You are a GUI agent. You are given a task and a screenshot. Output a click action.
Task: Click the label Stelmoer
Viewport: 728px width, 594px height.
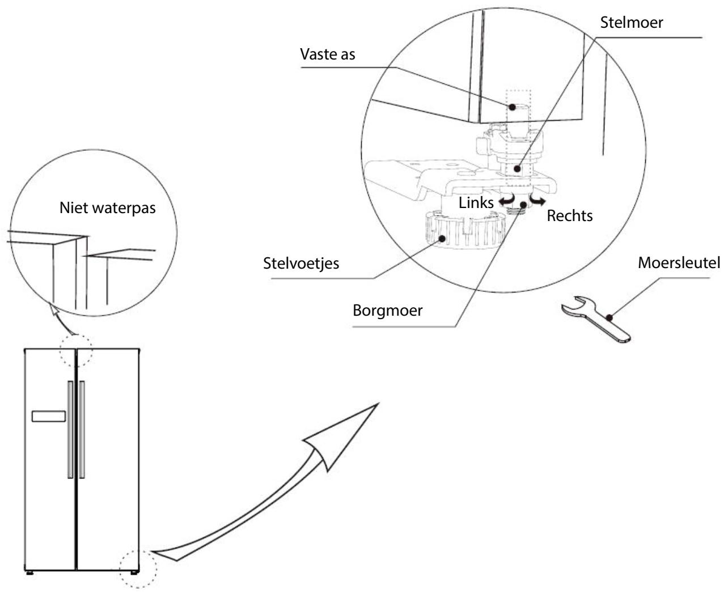(632, 23)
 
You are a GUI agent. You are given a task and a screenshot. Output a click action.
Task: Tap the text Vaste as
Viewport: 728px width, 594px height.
(327, 54)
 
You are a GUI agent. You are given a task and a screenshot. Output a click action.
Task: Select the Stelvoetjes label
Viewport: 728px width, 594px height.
(301, 264)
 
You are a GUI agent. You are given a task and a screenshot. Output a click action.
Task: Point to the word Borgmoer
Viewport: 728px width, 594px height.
(387, 311)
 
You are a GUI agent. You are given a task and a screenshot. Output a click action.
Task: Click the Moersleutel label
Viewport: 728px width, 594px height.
(679, 262)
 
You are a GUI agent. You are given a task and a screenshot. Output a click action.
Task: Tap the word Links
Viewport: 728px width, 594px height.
(476, 202)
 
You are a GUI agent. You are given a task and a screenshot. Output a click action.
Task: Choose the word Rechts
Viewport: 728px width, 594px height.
(570, 216)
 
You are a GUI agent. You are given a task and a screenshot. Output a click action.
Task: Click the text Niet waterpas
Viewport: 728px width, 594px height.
(107, 208)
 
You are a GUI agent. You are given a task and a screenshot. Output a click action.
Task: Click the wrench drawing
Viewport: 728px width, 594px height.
(596, 319)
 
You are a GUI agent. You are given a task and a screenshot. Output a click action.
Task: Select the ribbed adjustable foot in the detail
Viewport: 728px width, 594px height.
(465, 230)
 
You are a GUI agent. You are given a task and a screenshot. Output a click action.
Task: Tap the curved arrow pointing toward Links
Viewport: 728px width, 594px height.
(507, 200)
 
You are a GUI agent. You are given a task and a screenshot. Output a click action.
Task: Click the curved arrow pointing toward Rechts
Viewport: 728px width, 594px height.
(537, 200)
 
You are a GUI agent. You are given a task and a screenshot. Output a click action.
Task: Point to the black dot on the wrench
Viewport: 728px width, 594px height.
(610, 317)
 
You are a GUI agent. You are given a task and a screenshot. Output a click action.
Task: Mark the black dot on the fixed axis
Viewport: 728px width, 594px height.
(513, 107)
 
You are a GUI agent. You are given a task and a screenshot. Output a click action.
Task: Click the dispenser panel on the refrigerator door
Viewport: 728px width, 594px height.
(49, 416)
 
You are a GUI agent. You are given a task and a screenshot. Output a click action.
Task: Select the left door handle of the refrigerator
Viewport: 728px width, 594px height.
(70, 430)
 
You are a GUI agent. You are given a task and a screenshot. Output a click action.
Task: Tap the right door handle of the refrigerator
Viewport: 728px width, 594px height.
(82, 430)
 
